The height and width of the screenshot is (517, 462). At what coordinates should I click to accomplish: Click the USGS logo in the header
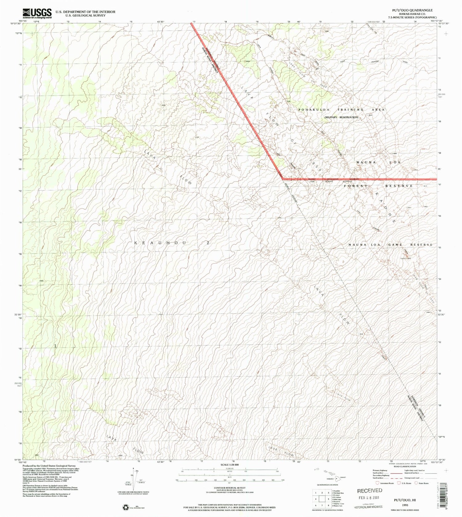point(37,13)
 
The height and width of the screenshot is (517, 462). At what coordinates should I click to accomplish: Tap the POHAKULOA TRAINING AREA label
point(341,110)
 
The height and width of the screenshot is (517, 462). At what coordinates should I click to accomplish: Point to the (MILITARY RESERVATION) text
point(341,117)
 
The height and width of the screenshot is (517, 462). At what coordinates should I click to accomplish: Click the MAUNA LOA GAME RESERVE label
point(390,244)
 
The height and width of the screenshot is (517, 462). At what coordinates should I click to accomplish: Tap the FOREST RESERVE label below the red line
point(378,186)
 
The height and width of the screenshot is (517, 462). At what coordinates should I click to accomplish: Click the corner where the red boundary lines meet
point(283,178)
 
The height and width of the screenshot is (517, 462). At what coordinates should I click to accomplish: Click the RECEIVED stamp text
point(370,490)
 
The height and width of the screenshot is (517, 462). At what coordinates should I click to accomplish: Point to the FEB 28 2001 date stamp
point(370,497)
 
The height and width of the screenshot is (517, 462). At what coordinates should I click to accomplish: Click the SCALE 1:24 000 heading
point(230,465)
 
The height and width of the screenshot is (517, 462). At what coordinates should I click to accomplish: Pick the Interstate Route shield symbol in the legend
point(378,483)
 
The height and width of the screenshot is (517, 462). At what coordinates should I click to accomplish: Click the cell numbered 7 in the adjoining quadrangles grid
point(322,505)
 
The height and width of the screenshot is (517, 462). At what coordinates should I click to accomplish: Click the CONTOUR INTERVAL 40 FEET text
point(230,488)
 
